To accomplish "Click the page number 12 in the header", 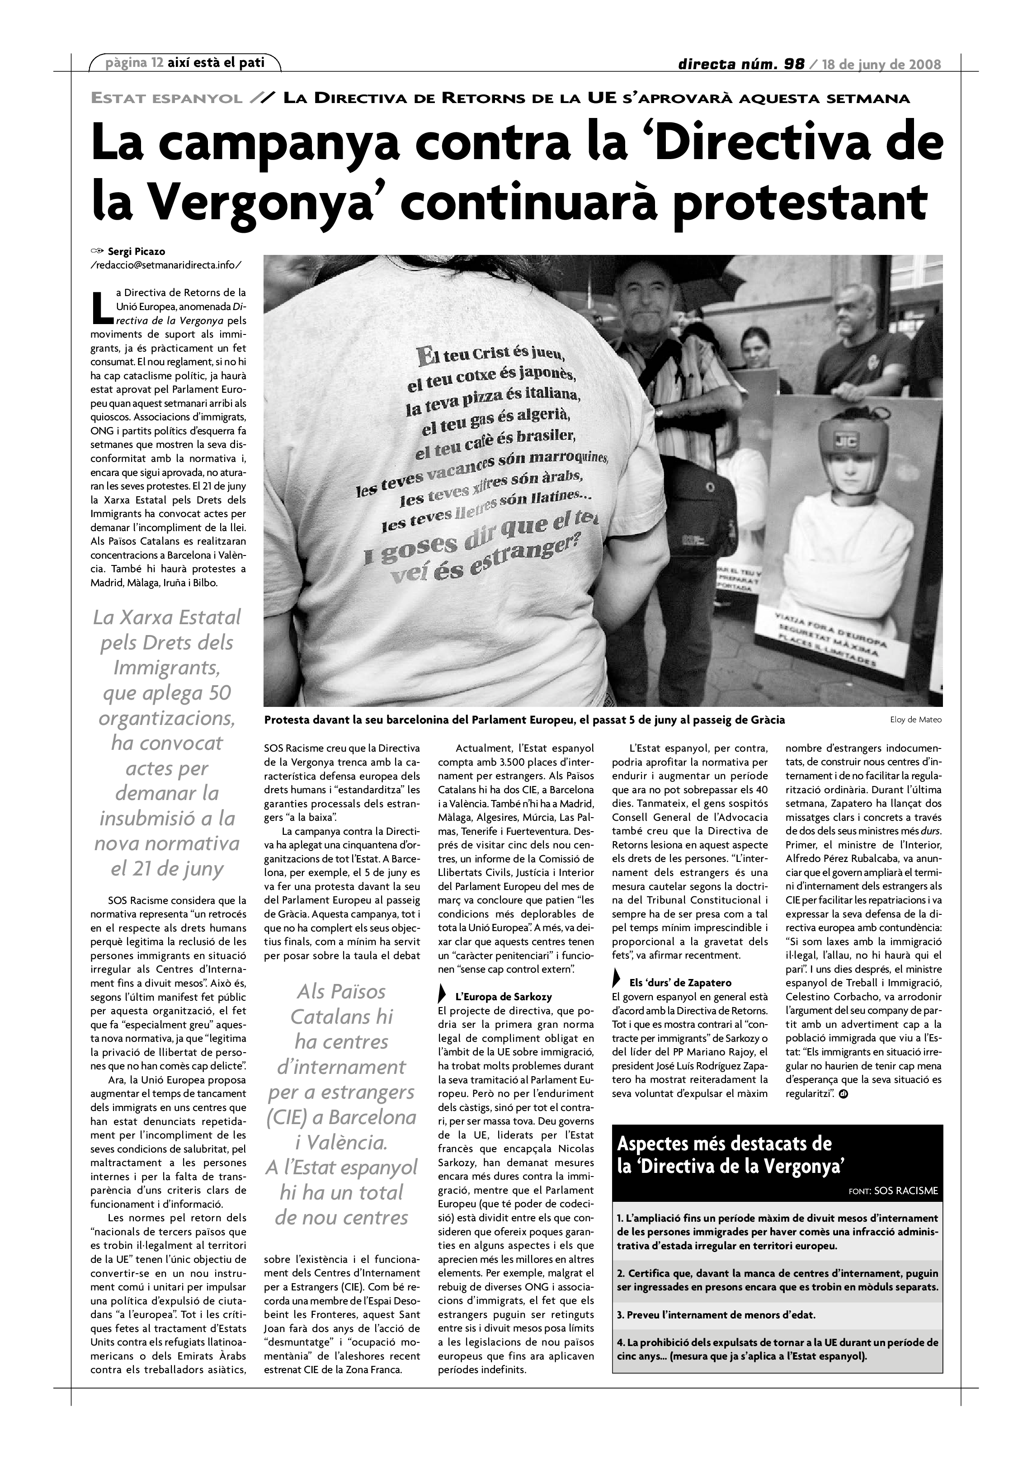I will tap(157, 62).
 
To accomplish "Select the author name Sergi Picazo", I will tap(137, 251).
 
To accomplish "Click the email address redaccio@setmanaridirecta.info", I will tap(166, 264).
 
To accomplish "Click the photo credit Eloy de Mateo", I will tap(915, 720).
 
